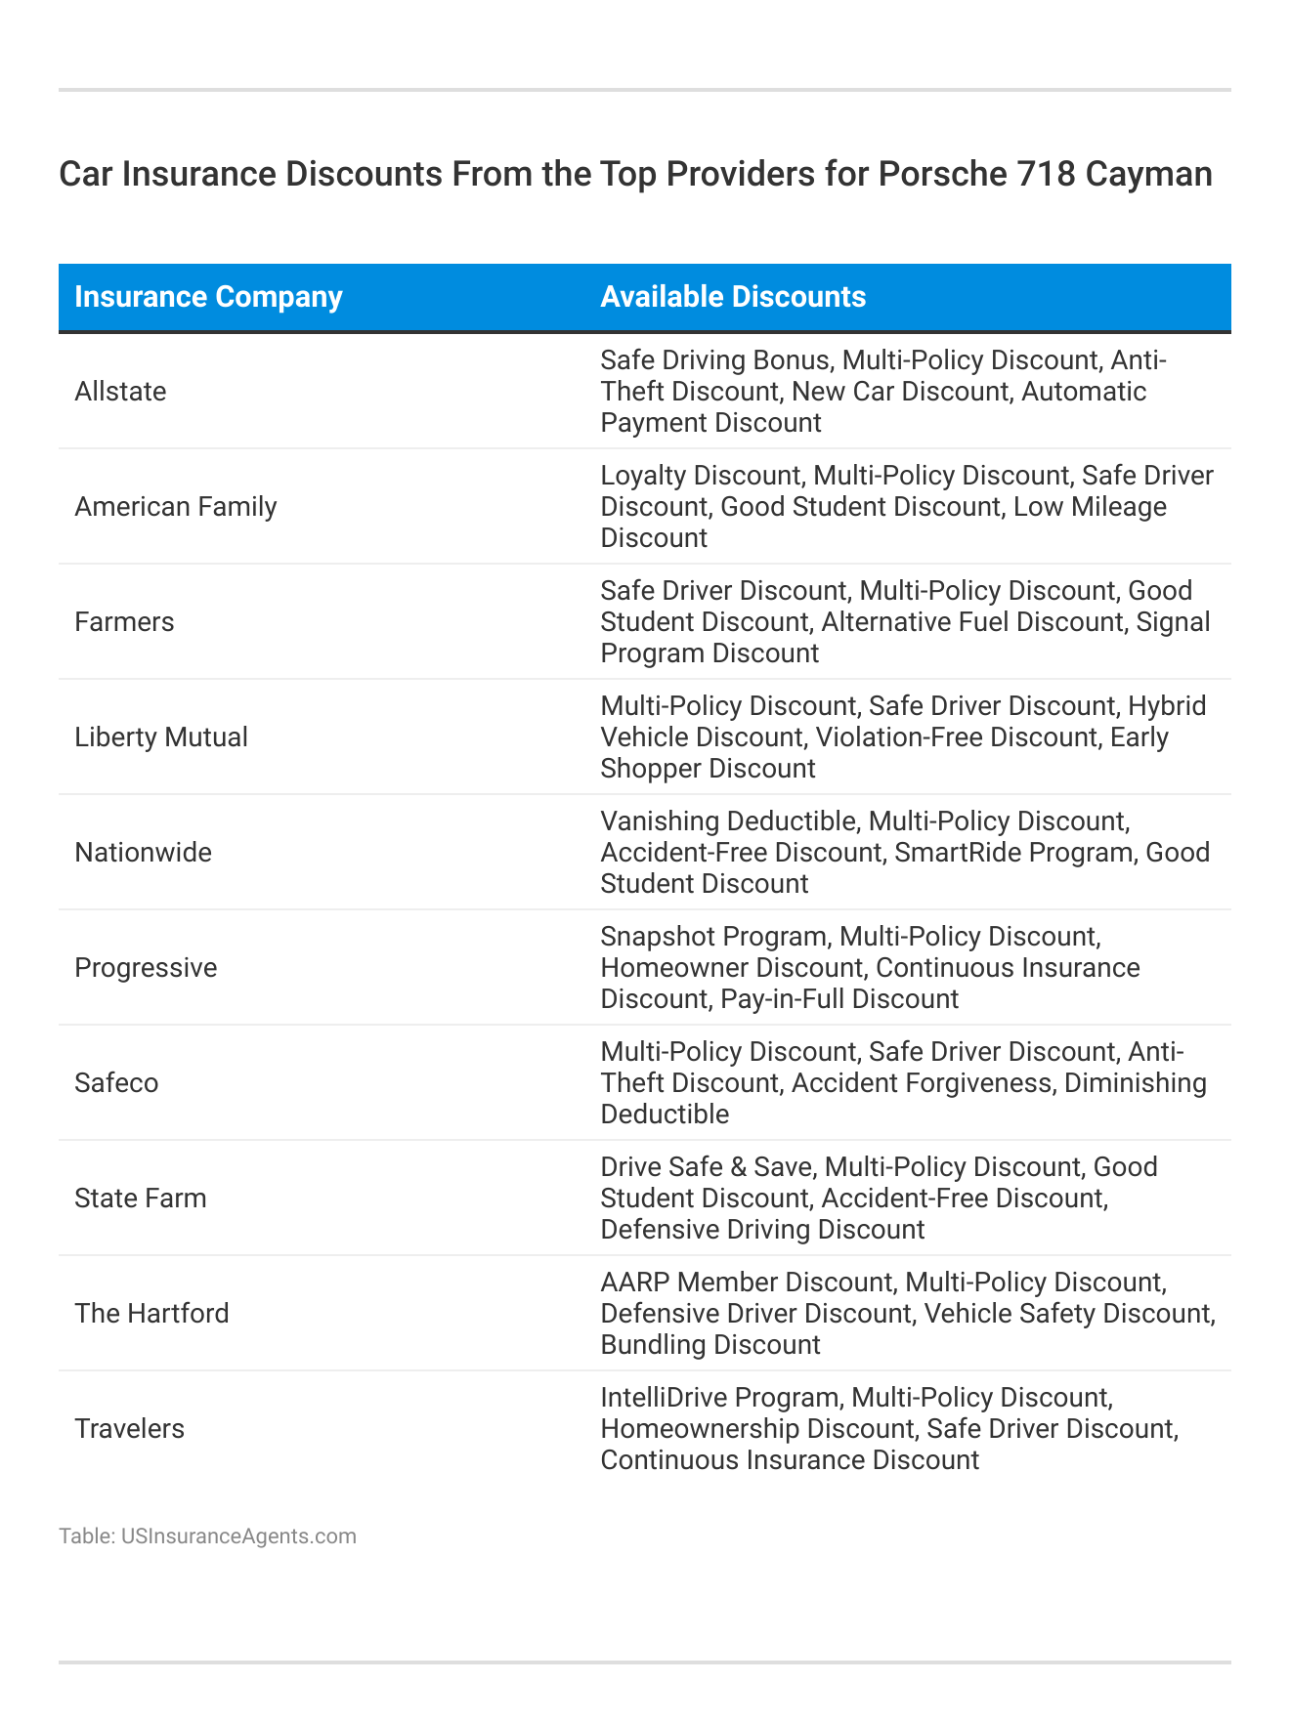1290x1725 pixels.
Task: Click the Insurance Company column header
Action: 208,297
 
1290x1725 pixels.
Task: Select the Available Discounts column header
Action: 733,297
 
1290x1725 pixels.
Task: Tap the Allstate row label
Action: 120,392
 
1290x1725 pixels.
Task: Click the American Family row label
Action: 176,507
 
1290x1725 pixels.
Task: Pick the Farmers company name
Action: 124,622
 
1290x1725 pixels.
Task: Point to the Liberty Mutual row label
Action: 161,737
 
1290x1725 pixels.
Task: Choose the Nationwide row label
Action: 143,853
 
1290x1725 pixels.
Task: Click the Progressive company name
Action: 146,968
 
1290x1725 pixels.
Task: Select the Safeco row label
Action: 116,1083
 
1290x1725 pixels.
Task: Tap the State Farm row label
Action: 141,1199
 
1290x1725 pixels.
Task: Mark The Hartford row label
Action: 151,1314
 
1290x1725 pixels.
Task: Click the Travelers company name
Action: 129,1429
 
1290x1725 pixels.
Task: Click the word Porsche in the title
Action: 939,174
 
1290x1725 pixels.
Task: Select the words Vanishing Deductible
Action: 727,821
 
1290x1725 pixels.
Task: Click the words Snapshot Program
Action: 713,937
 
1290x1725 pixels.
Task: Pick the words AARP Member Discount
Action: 746,1283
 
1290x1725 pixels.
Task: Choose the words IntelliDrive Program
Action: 719,1398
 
